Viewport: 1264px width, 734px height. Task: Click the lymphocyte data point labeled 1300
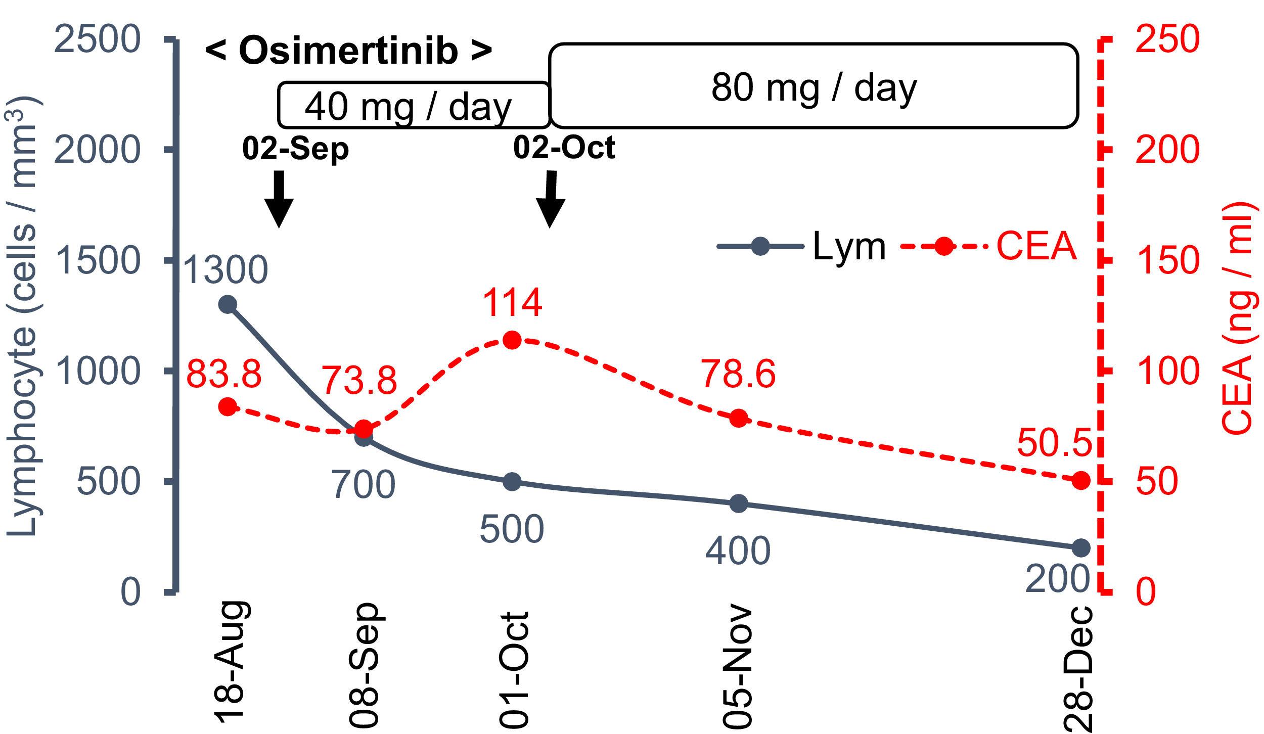point(228,304)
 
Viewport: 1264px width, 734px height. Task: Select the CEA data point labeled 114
point(512,340)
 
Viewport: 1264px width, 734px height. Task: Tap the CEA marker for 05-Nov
point(739,418)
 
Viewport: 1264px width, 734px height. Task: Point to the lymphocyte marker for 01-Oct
point(512,482)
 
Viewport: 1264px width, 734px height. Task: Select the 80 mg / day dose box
point(813,85)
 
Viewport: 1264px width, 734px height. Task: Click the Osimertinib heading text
point(349,51)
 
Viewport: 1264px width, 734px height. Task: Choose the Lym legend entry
point(801,247)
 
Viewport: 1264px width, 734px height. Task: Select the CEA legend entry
point(988,247)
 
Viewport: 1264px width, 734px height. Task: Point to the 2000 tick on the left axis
point(96,150)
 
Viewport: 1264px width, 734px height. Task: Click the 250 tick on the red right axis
point(1166,39)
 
